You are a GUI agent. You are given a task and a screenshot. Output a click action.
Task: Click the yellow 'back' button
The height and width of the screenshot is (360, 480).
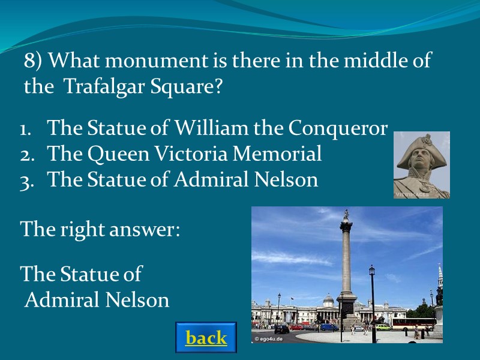coord(206,338)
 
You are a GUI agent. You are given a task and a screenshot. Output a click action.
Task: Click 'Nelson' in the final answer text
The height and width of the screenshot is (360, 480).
coord(139,299)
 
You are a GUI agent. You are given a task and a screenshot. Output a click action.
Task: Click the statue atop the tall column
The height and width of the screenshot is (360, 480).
coord(346,215)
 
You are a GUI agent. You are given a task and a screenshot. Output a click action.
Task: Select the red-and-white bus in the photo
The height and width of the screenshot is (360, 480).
coord(413,324)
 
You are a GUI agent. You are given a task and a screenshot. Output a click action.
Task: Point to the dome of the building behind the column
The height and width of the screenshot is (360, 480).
coord(328,298)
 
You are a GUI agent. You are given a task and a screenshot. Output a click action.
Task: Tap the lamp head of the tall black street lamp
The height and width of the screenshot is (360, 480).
coord(372,271)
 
